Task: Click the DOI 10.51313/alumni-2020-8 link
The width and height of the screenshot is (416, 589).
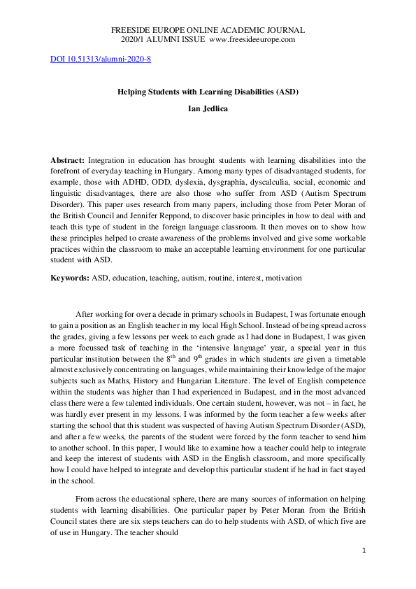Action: (x=101, y=59)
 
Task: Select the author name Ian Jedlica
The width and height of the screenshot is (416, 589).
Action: (x=208, y=109)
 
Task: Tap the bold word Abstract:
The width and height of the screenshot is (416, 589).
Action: (x=69, y=160)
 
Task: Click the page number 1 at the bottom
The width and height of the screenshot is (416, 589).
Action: (x=364, y=551)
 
